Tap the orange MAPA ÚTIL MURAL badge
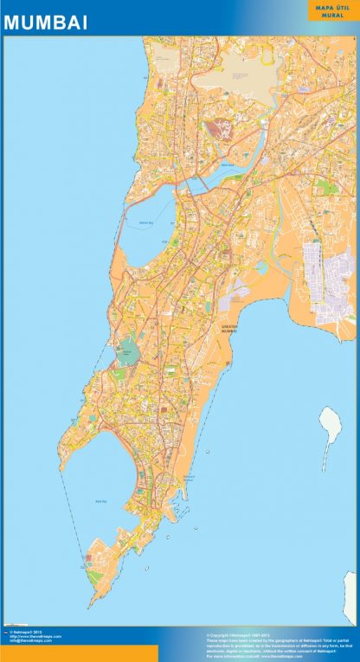pos(325,11)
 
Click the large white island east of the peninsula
pos(330,427)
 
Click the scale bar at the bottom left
pos(22,624)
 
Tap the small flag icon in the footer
pos(5,633)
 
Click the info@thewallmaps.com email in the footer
pos(30,641)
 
